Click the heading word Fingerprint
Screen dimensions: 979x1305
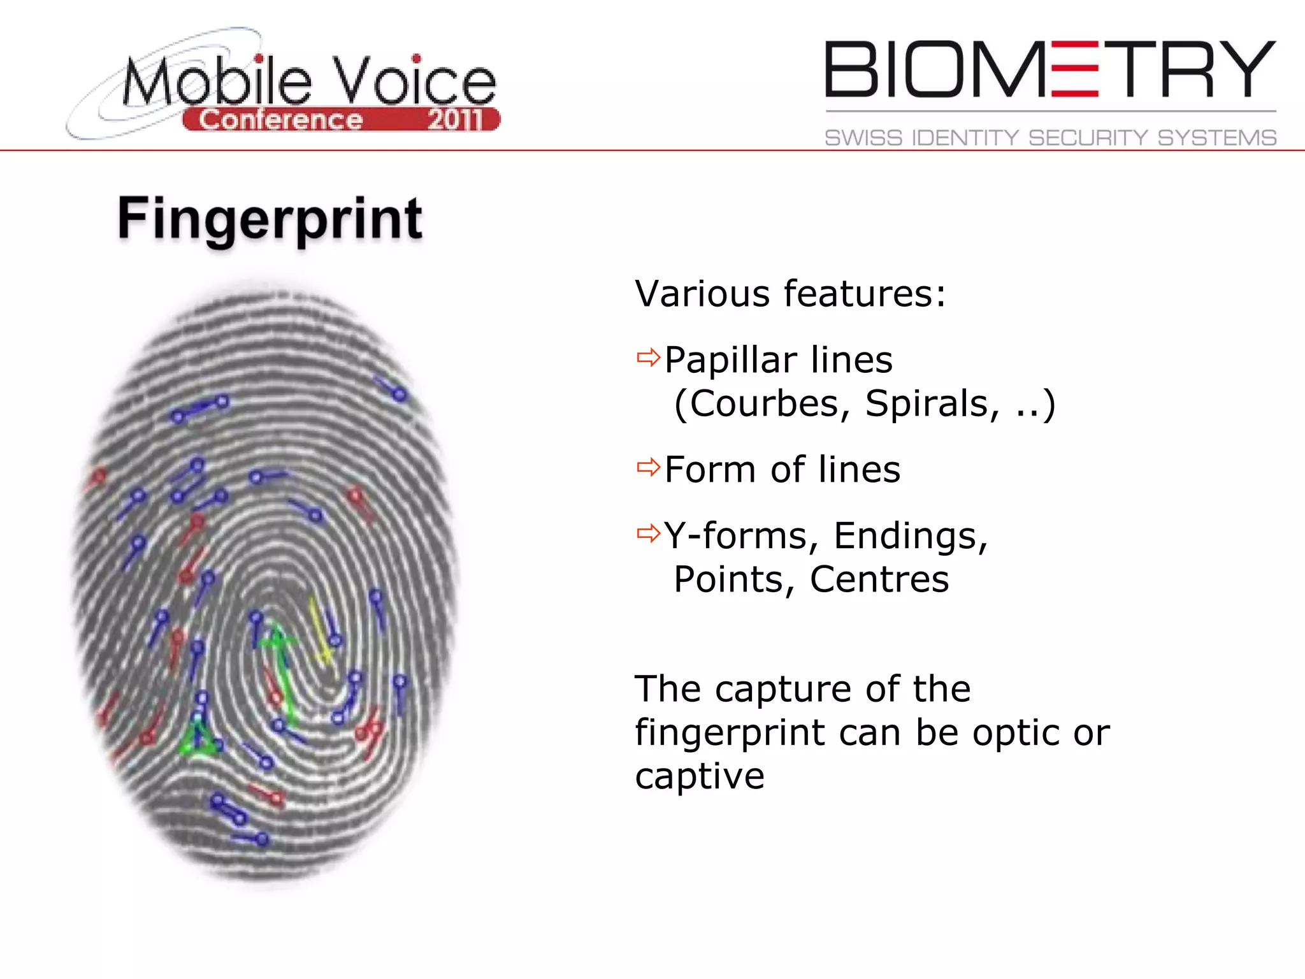click(x=270, y=219)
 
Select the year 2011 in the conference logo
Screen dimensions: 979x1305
click(x=455, y=120)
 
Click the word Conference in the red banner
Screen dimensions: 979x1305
click(x=280, y=120)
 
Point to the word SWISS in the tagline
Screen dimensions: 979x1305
click(x=863, y=138)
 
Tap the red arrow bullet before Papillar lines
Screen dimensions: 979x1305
click(x=648, y=358)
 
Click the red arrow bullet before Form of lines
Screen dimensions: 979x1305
click(x=648, y=467)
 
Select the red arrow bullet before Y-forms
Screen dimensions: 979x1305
click(x=648, y=533)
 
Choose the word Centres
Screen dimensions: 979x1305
click(x=879, y=579)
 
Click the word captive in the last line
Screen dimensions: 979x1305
click(x=700, y=777)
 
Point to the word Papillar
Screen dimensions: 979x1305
click(x=730, y=360)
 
